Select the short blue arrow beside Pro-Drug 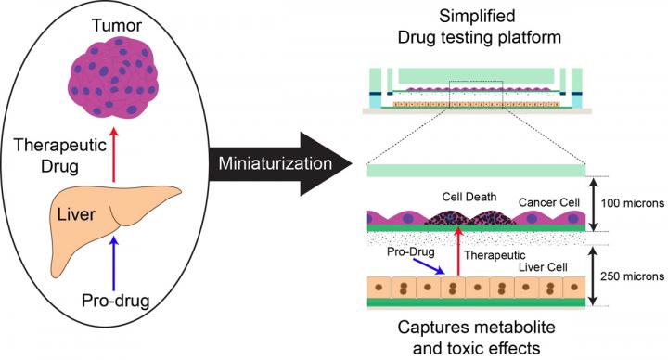click(428, 266)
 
